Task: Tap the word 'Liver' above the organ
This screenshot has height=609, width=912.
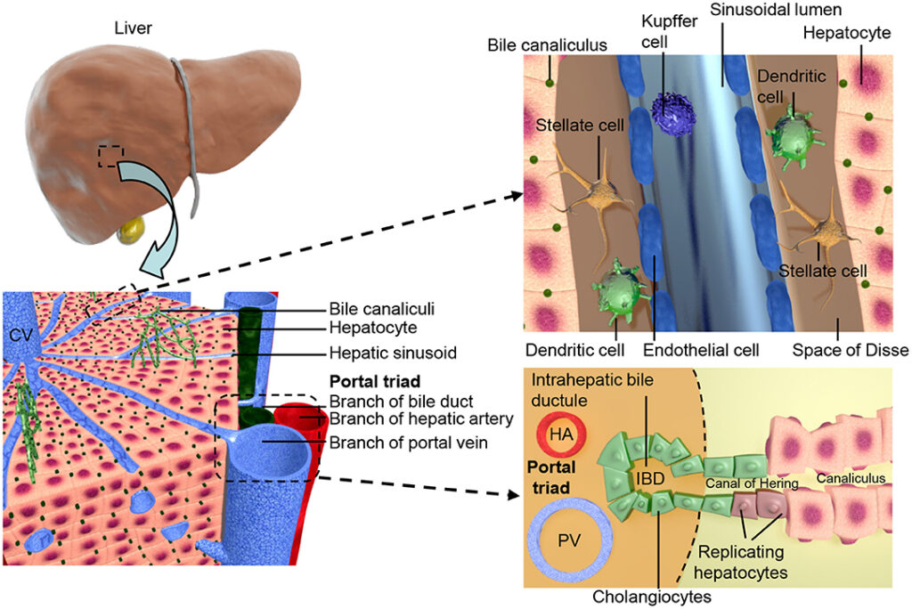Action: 133,28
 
